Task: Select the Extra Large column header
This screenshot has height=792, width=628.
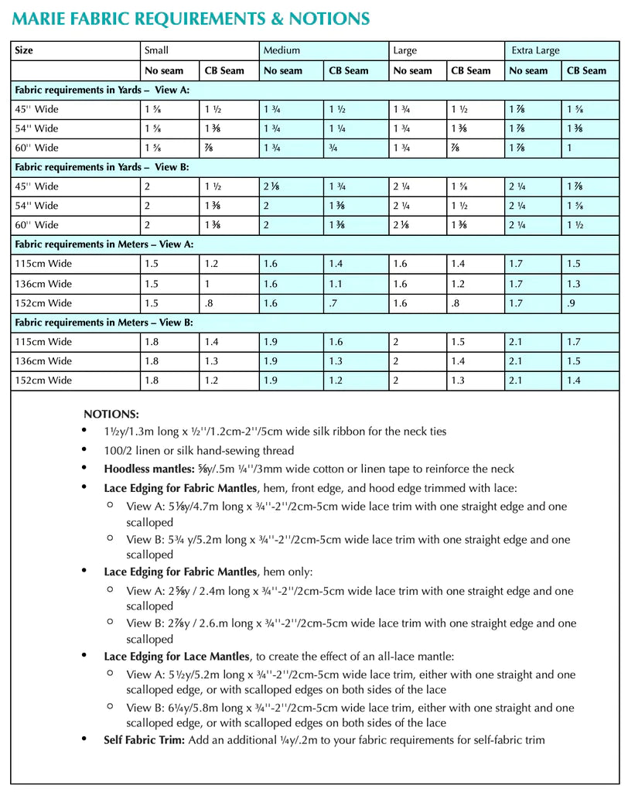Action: (x=535, y=51)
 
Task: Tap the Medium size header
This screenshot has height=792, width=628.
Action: (x=282, y=51)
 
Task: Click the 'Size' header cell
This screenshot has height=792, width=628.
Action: (x=24, y=51)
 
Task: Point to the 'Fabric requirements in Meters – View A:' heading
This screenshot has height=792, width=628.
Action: (x=104, y=244)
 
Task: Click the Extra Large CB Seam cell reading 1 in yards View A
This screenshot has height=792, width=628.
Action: (x=570, y=148)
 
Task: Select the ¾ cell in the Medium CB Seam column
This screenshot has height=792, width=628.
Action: (x=333, y=148)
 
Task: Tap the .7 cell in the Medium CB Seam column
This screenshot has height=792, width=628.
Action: (x=333, y=302)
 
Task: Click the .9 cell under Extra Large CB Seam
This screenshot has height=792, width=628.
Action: (x=571, y=302)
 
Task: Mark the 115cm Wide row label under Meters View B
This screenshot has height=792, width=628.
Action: (x=43, y=341)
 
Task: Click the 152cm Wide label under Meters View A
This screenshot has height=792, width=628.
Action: (x=43, y=302)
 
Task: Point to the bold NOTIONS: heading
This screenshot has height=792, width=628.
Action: (x=111, y=415)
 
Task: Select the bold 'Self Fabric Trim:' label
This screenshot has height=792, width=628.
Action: (x=144, y=740)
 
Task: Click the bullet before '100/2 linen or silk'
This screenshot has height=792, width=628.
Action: (x=84, y=450)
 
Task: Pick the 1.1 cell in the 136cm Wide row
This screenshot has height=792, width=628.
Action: (x=335, y=283)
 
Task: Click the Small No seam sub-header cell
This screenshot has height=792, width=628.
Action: (x=164, y=70)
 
